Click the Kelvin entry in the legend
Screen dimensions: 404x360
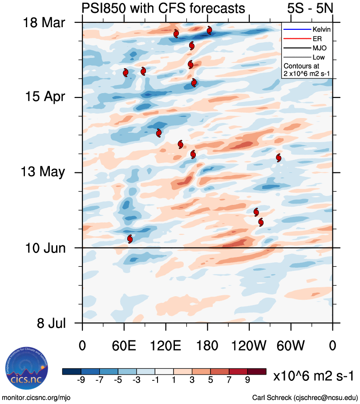320,29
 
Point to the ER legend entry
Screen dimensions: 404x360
317,39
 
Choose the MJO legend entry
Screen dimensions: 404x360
319,48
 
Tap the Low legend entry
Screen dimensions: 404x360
319,57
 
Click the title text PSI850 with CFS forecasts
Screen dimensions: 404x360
163,8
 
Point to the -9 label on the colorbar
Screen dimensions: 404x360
81,380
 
